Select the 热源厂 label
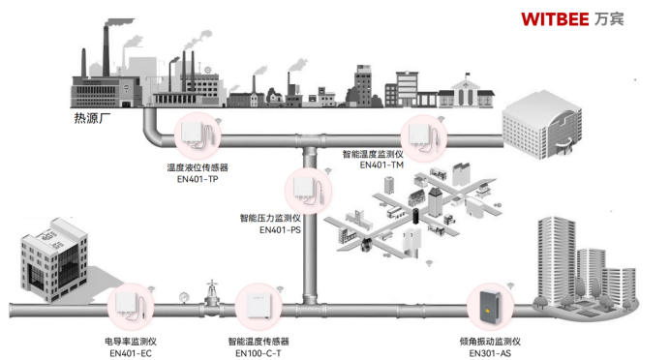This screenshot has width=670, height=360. coord(93,119)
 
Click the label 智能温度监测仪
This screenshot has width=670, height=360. coord(374,154)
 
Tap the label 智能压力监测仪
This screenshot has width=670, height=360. coord(270,219)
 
